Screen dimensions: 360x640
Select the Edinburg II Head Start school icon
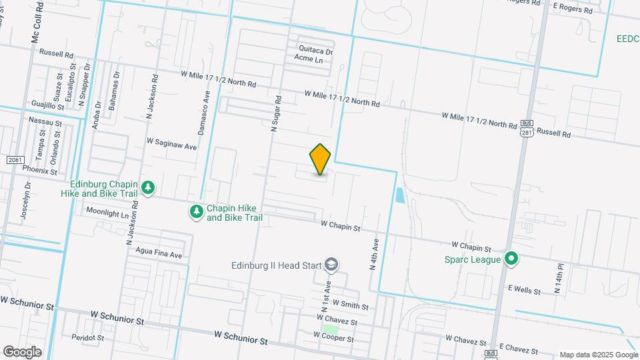tap(331, 265)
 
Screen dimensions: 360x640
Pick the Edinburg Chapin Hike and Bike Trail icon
tap(148, 189)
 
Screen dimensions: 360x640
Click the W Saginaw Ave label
tap(172, 144)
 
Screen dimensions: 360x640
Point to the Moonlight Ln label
tap(107, 211)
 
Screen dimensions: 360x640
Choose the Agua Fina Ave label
tap(159, 255)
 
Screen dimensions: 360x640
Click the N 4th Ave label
tap(374, 254)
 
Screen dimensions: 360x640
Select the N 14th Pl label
tap(560, 279)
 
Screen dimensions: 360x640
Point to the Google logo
tap(22, 351)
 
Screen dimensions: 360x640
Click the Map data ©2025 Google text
tap(598, 355)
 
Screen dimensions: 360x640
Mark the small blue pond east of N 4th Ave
tap(399, 195)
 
